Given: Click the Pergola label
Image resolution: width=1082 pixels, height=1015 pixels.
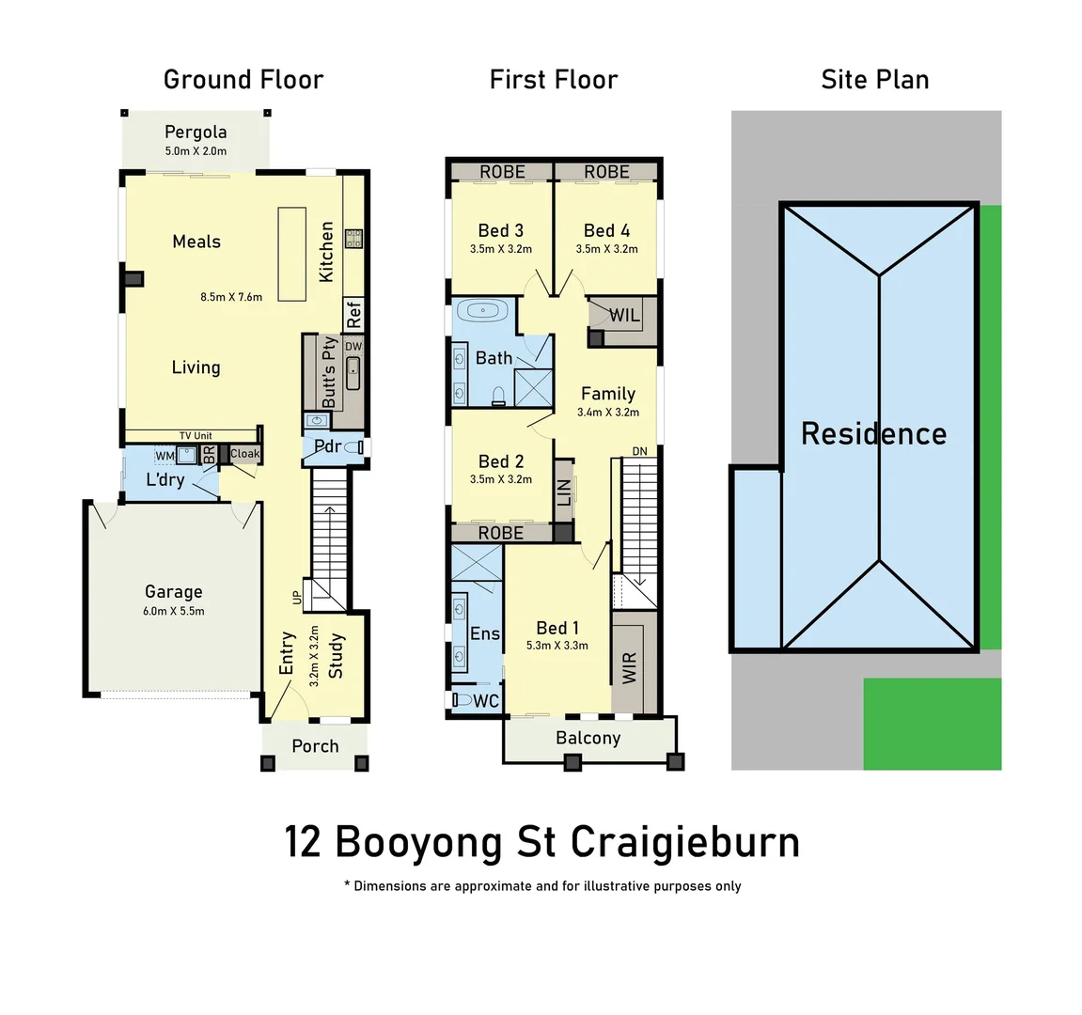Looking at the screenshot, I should [x=196, y=132].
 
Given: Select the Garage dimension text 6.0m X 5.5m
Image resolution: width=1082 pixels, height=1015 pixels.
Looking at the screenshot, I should [x=173, y=611].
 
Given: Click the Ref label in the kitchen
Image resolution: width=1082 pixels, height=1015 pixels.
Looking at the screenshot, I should [x=353, y=314].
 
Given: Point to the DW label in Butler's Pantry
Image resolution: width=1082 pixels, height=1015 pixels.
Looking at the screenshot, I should [x=353, y=347].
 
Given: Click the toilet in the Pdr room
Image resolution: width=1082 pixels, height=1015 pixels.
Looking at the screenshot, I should [x=354, y=447].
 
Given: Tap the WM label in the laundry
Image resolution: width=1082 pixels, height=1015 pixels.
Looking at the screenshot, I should [x=165, y=456].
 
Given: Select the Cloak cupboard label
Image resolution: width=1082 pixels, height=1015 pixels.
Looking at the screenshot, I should [x=244, y=454].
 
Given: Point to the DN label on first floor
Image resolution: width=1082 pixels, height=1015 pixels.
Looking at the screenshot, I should [x=639, y=451].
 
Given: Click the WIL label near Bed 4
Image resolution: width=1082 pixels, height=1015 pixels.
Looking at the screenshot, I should [x=624, y=316].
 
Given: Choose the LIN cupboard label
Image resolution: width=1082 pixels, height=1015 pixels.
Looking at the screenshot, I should [x=564, y=491].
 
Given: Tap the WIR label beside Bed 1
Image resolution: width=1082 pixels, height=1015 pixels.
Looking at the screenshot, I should [x=630, y=667].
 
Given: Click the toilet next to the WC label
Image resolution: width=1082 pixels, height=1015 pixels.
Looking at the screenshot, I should [x=463, y=700].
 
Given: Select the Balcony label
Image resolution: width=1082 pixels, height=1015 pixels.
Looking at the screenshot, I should [x=588, y=738].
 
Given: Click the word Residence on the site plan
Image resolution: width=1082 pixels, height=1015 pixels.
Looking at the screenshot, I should [x=873, y=433].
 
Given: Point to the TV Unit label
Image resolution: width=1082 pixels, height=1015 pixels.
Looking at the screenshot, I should [x=196, y=436].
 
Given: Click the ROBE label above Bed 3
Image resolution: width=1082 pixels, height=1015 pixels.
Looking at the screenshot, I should [x=502, y=172].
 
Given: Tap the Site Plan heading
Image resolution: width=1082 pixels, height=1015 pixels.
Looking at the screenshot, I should [x=874, y=80].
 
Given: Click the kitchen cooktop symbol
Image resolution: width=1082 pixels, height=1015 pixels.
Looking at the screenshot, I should [x=353, y=239].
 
